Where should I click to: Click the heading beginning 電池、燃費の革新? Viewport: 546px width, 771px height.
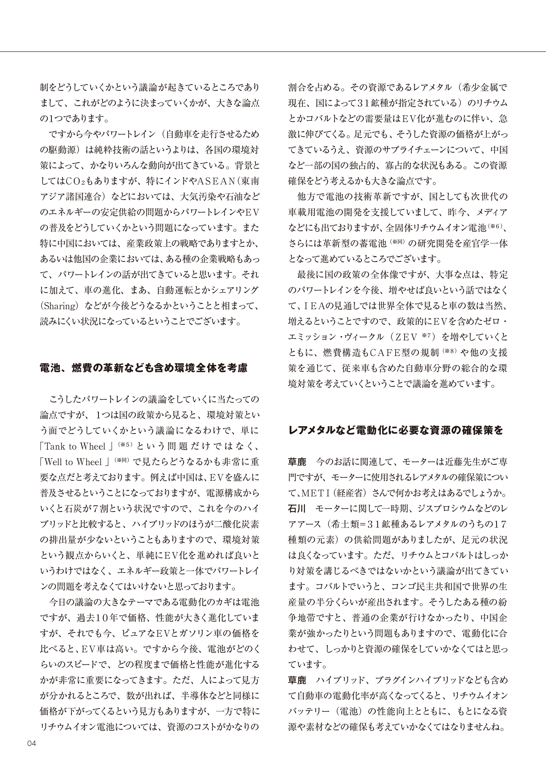coord(143,368)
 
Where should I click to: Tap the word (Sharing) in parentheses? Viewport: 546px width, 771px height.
coord(59,306)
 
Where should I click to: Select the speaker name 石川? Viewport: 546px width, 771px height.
coord(297,509)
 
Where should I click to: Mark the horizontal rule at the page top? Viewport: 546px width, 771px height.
coord(273,52)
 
